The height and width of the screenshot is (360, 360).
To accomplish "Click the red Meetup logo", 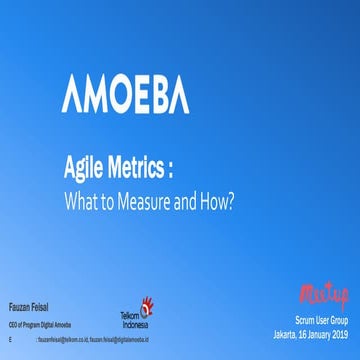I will pos(323,293).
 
